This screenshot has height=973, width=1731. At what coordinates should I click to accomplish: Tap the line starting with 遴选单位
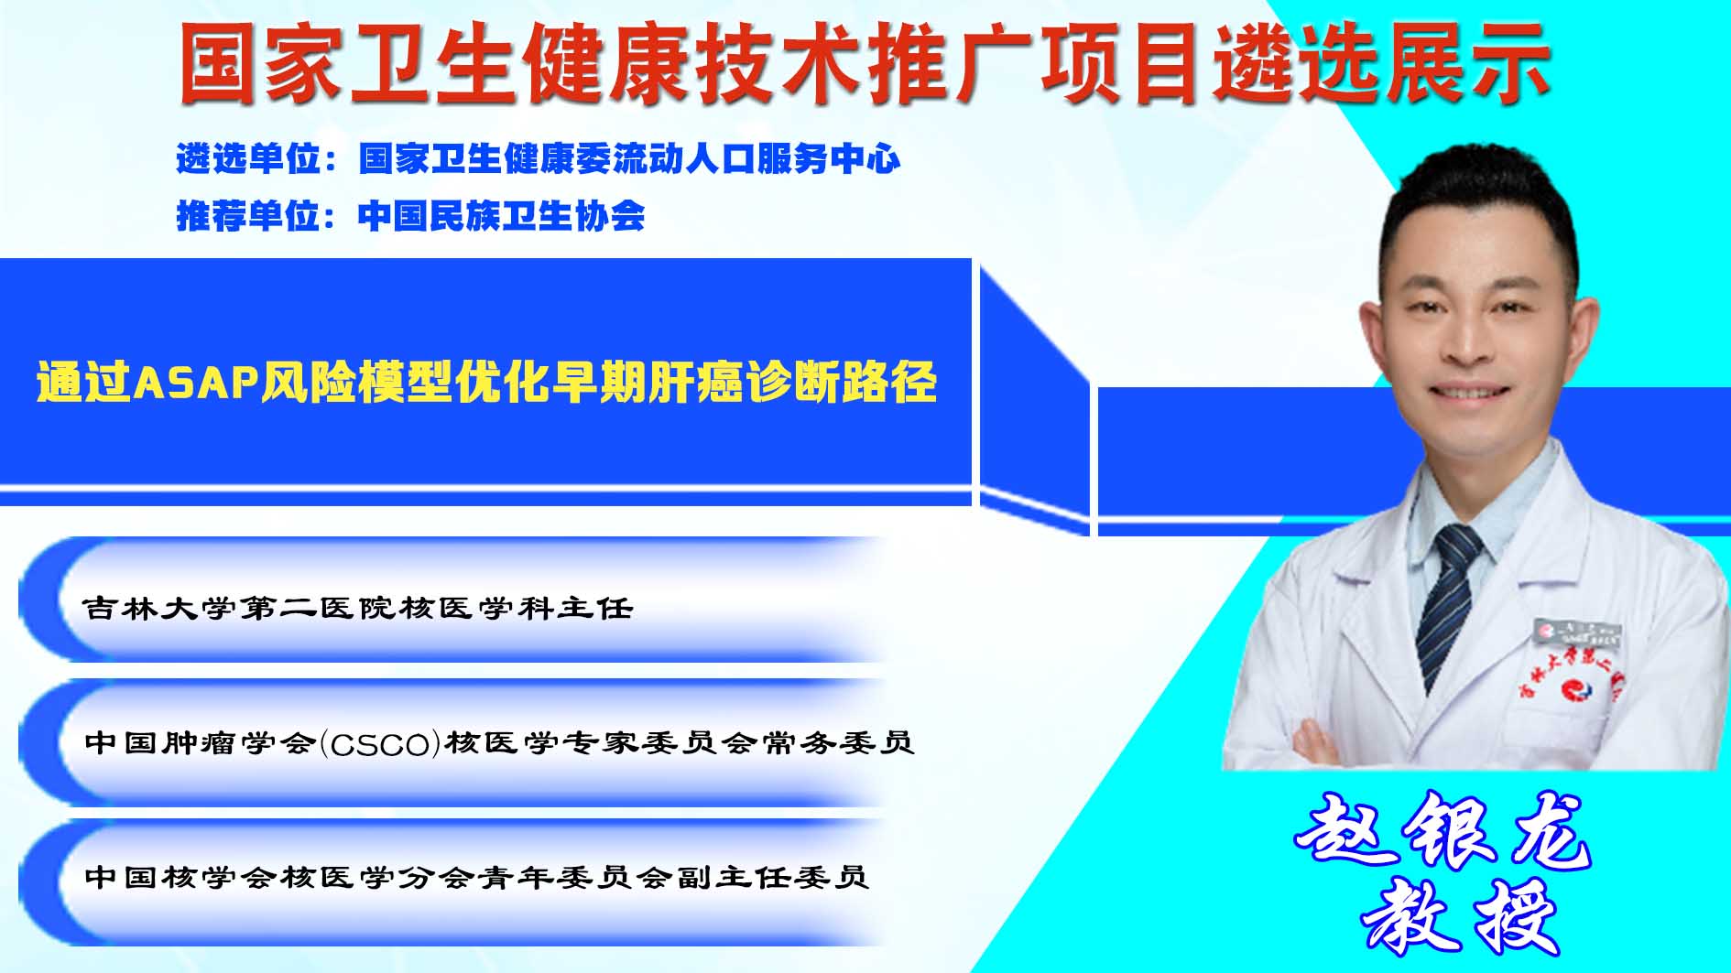pos(539,159)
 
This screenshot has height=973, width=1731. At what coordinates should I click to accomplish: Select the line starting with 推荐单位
pos(410,216)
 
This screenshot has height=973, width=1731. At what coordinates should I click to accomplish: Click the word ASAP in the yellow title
pos(194,382)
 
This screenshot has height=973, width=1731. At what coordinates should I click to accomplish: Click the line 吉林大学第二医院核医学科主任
pos(358,608)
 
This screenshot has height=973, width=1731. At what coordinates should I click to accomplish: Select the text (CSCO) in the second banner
pos(380,742)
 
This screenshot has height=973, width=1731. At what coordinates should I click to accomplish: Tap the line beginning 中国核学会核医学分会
pos(476,877)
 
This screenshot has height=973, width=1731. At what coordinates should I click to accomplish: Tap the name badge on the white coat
pos(1577,632)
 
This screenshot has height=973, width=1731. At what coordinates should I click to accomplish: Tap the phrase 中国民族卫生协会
pos(502,216)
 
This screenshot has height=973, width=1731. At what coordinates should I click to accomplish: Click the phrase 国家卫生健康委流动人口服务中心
pos(630,159)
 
